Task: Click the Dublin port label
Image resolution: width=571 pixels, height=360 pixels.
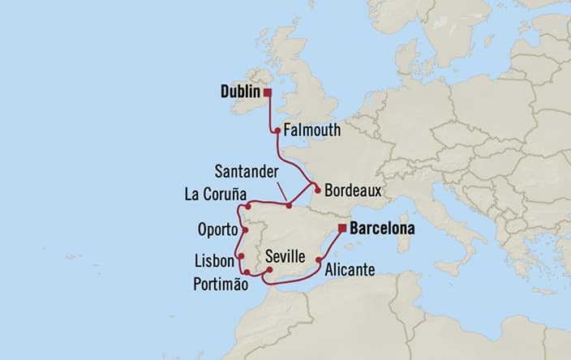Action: point(239,93)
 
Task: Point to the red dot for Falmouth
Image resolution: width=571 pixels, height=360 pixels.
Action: point(277,130)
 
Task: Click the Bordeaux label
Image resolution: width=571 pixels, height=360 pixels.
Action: point(352,193)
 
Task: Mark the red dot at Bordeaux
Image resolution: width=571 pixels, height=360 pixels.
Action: point(317,191)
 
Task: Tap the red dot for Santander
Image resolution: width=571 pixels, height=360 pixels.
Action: point(289,206)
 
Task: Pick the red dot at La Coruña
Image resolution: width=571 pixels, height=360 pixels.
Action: point(249,207)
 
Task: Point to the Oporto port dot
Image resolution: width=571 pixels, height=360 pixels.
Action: point(245,229)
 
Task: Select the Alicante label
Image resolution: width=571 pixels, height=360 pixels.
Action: point(350,272)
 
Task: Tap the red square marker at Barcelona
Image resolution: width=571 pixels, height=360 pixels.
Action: point(343,228)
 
